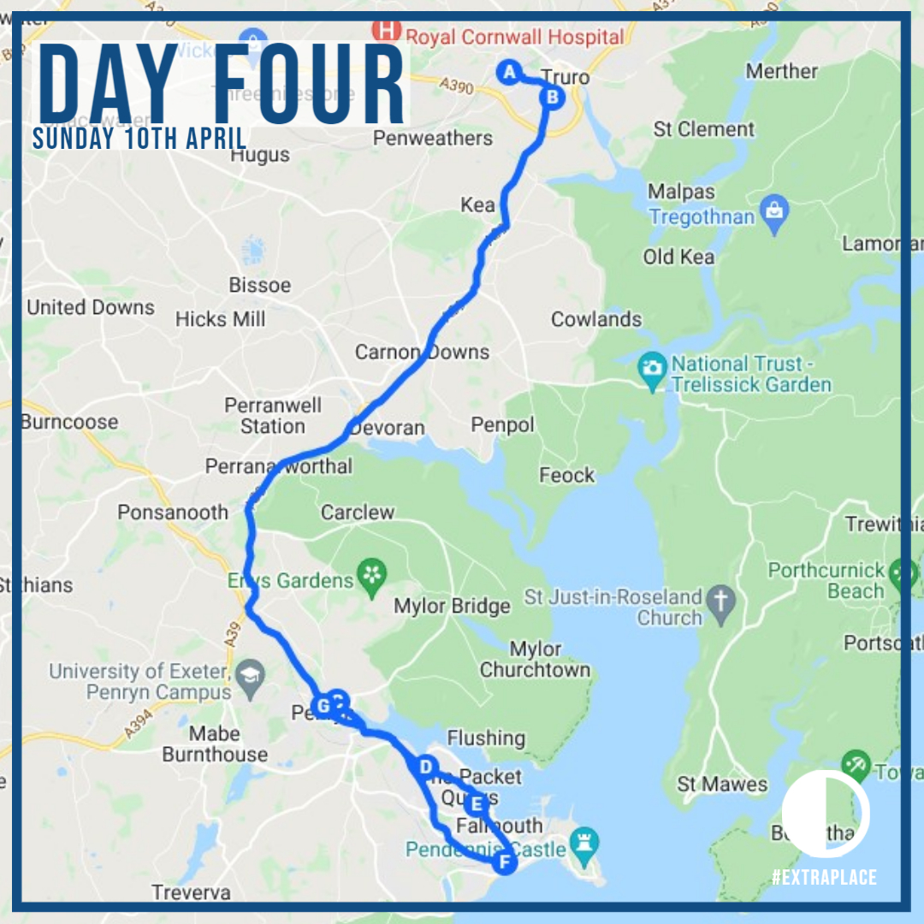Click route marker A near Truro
point(509,72)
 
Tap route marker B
point(553,98)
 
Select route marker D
point(424,767)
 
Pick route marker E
point(477,804)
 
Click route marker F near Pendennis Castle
point(505,862)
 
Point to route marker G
point(323,706)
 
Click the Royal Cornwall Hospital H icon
point(388,31)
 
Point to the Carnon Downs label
point(422,352)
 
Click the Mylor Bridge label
point(452,607)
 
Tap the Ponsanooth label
point(173,512)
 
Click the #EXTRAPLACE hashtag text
point(824,877)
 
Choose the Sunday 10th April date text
point(140,139)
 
